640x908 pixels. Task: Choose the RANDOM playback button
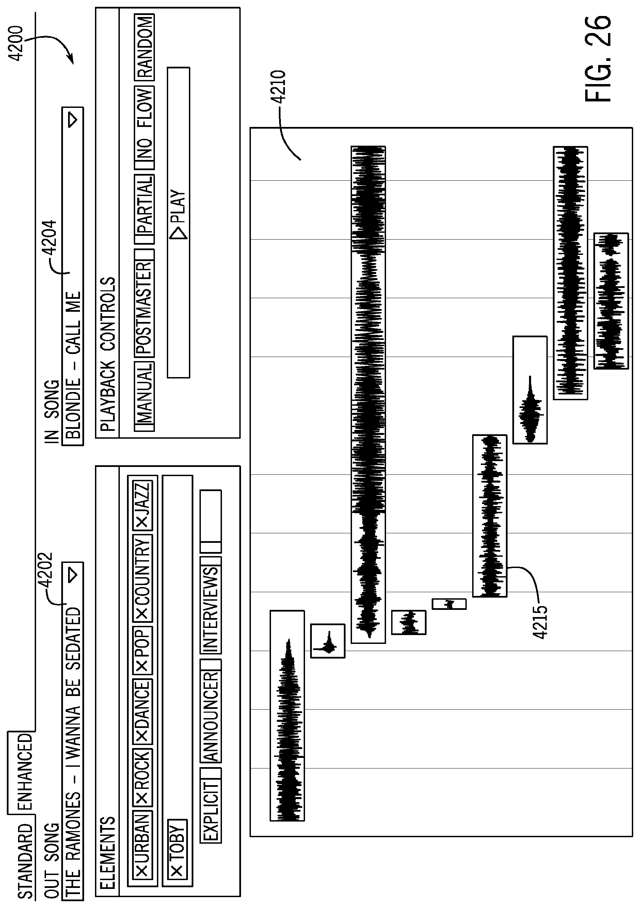click(x=144, y=47)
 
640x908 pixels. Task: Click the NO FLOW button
click(x=144, y=127)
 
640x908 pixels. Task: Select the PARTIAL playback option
click(x=144, y=209)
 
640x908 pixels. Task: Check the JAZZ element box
click(x=142, y=505)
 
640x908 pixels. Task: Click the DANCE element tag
click(x=142, y=715)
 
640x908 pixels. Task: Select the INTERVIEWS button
click(x=211, y=607)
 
